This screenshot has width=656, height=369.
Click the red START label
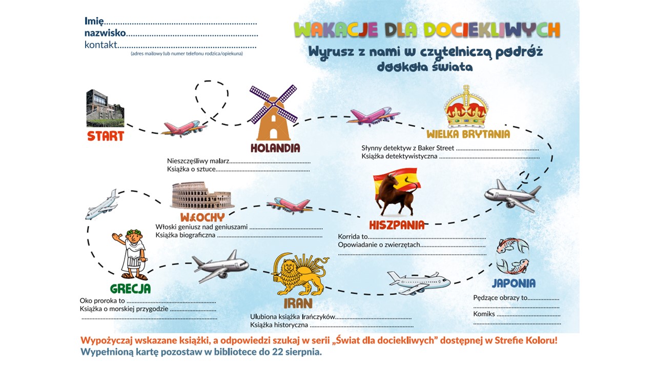point(106,136)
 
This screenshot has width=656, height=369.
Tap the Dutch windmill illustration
point(274,113)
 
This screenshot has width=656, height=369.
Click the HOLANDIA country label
point(275,148)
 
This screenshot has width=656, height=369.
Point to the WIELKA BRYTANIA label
point(468,134)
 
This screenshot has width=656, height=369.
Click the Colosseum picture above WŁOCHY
point(202,195)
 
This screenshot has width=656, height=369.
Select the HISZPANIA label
point(397,225)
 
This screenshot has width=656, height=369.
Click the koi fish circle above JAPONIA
point(512,256)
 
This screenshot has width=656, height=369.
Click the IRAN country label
point(298,303)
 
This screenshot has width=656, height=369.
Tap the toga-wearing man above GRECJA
point(131,255)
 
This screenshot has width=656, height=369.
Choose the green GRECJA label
point(130,289)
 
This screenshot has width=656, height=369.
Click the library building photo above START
point(105,108)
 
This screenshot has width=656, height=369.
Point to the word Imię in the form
point(94,22)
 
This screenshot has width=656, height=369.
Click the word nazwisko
point(105,33)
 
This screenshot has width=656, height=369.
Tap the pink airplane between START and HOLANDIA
point(184,129)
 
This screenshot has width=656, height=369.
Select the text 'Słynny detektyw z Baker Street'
point(407,148)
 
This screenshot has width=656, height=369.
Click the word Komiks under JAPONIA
point(484,314)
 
